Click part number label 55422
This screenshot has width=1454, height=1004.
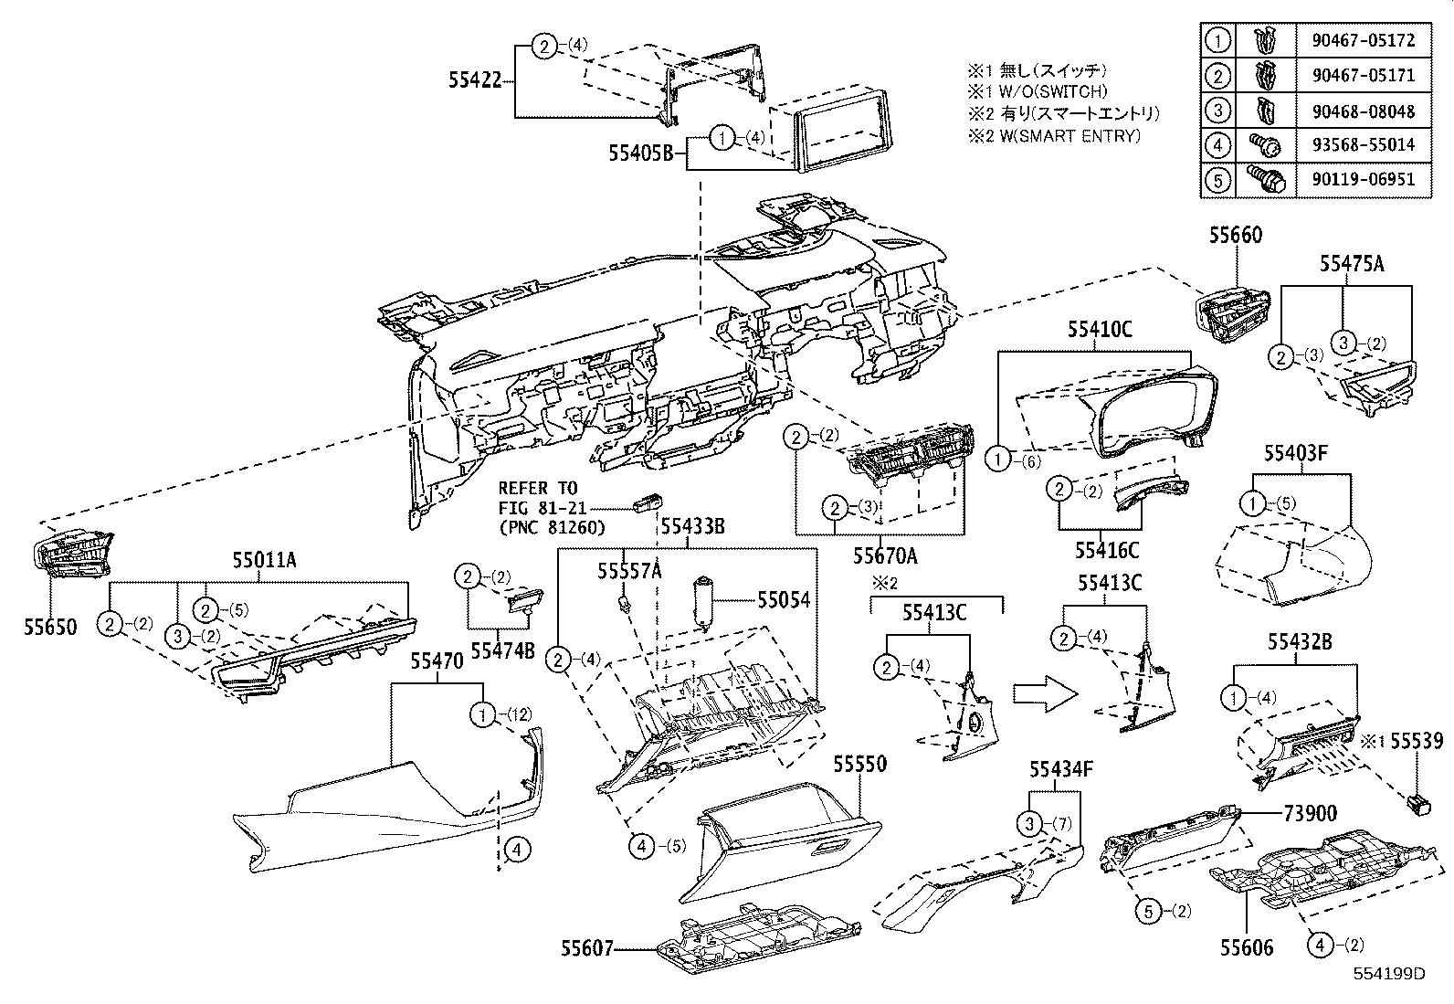(475, 80)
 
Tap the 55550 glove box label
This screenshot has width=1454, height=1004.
(859, 764)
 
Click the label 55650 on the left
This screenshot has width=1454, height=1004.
(51, 628)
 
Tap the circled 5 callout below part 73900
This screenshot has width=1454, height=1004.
(1148, 910)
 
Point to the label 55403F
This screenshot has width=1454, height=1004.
(1295, 454)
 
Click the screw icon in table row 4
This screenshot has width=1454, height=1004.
(1264, 144)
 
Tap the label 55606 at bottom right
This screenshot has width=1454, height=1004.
(1246, 949)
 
